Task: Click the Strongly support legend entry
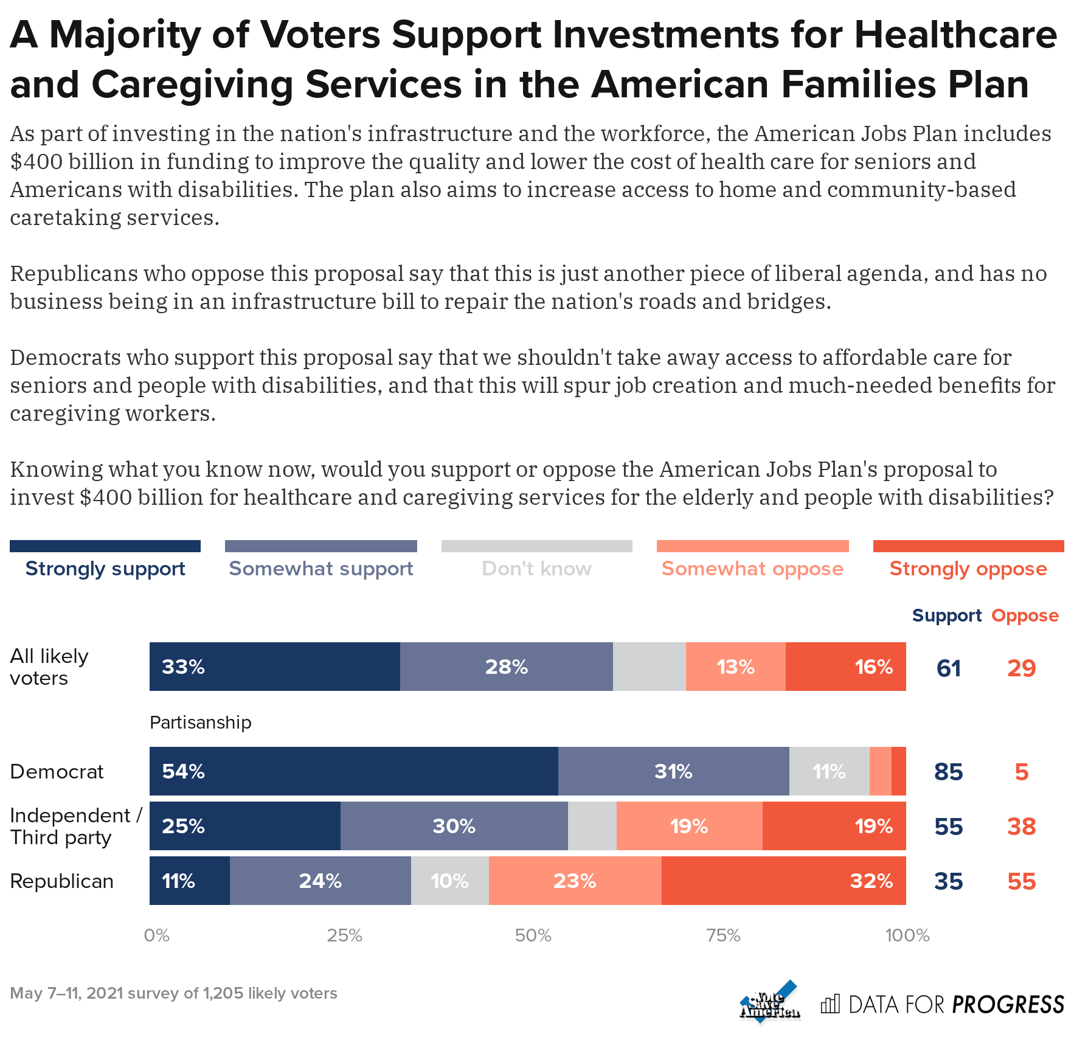click(105, 569)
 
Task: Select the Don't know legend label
click(536, 569)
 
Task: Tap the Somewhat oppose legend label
click(752, 569)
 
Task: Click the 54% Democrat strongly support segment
click(353, 771)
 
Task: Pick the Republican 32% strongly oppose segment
click(783, 881)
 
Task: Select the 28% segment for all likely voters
click(506, 667)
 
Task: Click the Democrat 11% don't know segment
click(829, 771)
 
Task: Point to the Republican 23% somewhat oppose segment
click(575, 881)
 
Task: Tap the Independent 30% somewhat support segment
click(454, 826)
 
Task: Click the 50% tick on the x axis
click(533, 935)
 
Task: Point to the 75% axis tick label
click(723, 935)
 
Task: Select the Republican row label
click(62, 881)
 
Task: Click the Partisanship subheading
click(200, 723)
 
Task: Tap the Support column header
click(946, 615)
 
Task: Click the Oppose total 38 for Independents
click(1021, 826)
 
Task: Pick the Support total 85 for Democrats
click(948, 771)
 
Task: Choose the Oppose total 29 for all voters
click(1021, 668)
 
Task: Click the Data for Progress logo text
click(956, 1004)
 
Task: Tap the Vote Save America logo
click(769, 1001)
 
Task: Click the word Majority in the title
click(125, 35)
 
